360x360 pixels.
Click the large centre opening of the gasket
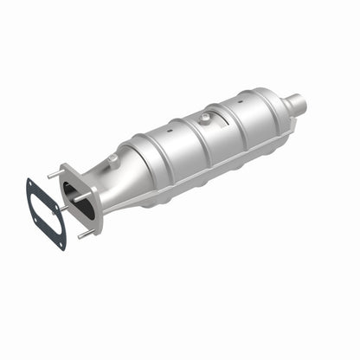coord(47,215)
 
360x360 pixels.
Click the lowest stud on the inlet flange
coord(83,234)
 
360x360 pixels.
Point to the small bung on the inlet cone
coord(113,158)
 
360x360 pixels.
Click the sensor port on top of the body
coord(206,119)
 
